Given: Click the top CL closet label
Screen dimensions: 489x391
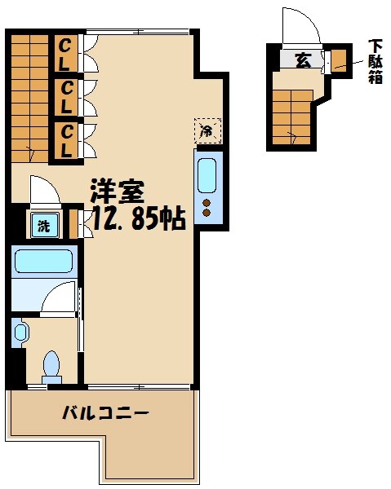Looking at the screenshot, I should (x=65, y=55).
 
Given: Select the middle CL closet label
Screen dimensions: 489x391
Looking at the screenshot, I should (x=65, y=97).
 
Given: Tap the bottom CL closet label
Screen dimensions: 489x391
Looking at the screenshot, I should (x=65, y=140).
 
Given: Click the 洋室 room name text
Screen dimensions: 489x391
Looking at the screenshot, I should (x=117, y=192).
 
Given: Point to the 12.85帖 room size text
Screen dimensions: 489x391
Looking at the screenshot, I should (x=136, y=218).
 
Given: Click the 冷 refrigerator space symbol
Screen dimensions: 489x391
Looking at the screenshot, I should (x=207, y=130).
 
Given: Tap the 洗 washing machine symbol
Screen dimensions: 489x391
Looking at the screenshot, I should (x=42, y=227).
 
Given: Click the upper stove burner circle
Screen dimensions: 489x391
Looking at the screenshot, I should (x=207, y=203).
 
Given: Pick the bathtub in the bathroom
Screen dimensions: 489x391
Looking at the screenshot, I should (x=47, y=262).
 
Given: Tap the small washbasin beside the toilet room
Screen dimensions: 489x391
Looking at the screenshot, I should (x=20, y=332).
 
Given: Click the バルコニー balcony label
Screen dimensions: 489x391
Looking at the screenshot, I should (x=105, y=414).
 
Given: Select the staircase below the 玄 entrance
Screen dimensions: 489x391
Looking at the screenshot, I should (x=292, y=117).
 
